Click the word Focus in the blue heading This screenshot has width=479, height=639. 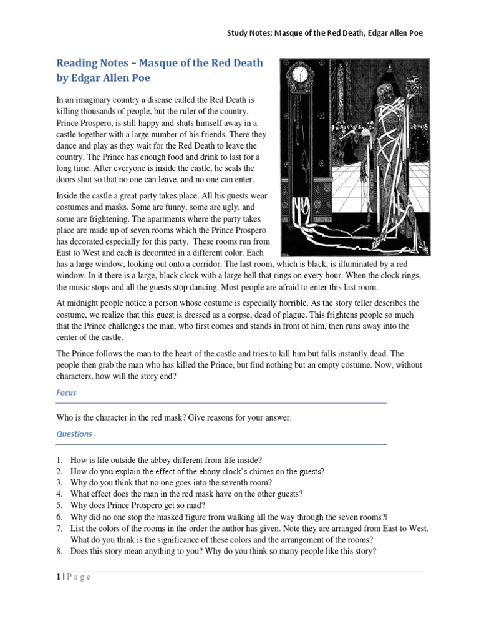[67, 394]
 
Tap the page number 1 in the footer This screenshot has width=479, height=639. [58, 577]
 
